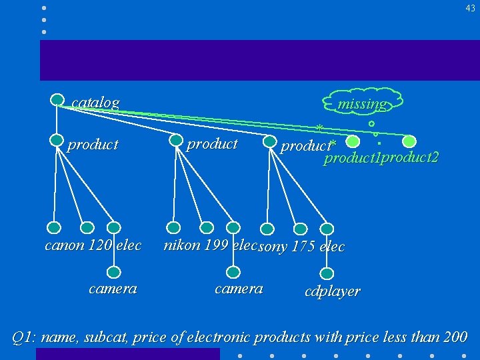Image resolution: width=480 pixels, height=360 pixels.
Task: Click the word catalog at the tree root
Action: click(x=95, y=103)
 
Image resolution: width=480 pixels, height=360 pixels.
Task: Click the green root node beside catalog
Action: click(x=58, y=99)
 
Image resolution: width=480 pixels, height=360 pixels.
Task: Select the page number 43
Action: click(x=470, y=8)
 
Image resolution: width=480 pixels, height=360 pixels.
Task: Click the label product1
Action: click(x=351, y=159)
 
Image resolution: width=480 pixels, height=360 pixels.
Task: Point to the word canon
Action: click(x=64, y=245)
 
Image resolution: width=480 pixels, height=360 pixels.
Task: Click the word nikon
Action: click(x=182, y=245)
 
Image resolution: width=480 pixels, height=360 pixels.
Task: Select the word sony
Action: click(x=273, y=247)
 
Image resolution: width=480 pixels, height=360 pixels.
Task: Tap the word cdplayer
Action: click(x=332, y=291)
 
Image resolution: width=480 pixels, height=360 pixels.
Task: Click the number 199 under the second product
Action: click(x=216, y=245)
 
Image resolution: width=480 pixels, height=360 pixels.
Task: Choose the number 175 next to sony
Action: click(x=304, y=247)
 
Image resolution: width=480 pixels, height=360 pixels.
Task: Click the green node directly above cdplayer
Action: click(x=327, y=273)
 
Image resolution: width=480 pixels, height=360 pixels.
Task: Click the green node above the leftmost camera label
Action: click(x=114, y=271)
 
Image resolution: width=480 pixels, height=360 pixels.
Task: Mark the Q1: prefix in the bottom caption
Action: click(x=25, y=337)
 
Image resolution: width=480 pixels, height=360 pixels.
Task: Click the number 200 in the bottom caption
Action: click(x=455, y=337)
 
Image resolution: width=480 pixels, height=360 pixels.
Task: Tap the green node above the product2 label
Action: click(x=409, y=141)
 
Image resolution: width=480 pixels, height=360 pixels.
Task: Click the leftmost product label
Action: click(x=93, y=145)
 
